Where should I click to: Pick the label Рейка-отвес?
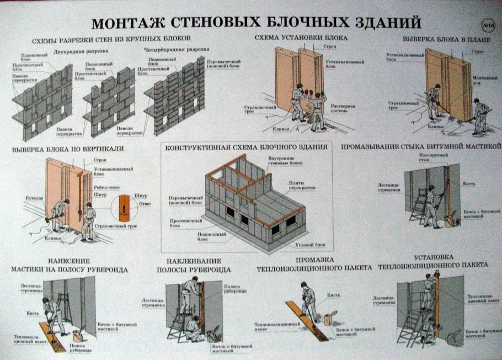(105, 187)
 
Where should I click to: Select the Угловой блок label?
(312, 244)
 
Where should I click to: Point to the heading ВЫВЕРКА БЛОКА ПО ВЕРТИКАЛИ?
(68, 149)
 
